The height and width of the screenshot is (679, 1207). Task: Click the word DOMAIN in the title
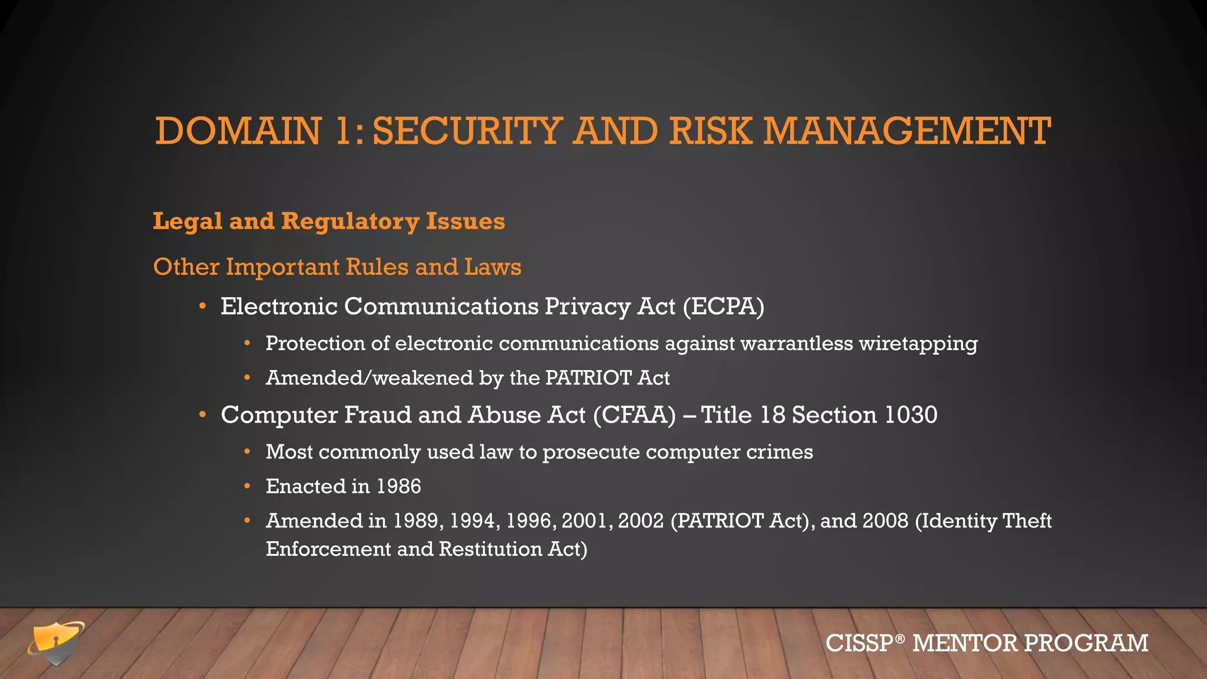(x=238, y=131)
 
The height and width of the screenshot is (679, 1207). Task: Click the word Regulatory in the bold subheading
(x=350, y=222)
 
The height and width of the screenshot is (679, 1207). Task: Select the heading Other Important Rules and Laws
(x=337, y=267)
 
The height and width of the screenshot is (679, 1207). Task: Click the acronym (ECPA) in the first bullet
(x=724, y=306)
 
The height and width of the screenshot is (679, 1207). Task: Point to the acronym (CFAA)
(x=634, y=415)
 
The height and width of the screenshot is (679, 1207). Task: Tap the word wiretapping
(x=918, y=344)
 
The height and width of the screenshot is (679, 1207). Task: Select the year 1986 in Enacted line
(x=399, y=486)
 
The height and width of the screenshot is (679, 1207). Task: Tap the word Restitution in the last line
(x=490, y=549)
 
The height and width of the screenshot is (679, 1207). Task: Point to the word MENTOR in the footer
(x=965, y=643)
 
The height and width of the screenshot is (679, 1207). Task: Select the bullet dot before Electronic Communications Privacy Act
(x=203, y=306)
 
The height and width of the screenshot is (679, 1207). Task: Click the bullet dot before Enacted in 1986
(x=248, y=487)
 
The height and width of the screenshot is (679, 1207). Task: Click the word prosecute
(x=591, y=453)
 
